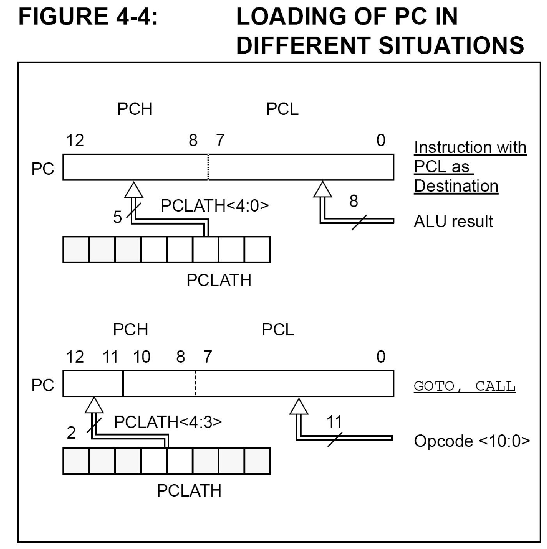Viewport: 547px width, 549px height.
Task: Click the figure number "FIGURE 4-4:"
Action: pyautogui.click(x=88, y=17)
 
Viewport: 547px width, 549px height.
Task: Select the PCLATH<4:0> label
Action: pyautogui.click(x=215, y=205)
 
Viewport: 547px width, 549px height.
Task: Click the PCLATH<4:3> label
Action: pyautogui.click(x=168, y=422)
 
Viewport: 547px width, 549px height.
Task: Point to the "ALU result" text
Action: pyautogui.click(x=453, y=221)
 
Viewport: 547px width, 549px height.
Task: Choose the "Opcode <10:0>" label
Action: pyautogui.click(x=472, y=441)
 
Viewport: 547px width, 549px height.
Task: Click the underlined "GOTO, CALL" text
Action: pyautogui.click(x=464, y=386)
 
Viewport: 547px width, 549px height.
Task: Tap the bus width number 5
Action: pyautogui.click(x=117, y=217)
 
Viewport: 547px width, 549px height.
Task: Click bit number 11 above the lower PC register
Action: pyautogui.click(x=110, y=357)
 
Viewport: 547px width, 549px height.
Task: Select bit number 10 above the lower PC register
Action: pyautogui.click(x=142, y=357)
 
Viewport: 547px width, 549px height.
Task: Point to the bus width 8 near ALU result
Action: pyautogui.click(x=353, y=201)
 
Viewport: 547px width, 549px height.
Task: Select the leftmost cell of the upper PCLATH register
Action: pyautogui.click(x=76, y=250)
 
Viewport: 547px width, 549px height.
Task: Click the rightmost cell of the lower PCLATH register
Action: pyautogui.click(x=257, y=461)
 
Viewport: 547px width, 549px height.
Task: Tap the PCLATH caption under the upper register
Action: pyautogui.click(x=218, y=280)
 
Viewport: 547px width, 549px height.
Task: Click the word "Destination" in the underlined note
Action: pyautogui.click(x=456, y=186)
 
